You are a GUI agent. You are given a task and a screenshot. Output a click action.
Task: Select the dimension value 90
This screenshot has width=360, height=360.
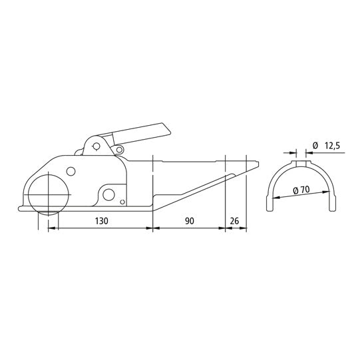(x=190, y=220)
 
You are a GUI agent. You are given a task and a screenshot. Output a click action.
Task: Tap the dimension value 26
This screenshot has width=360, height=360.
(x=234, y=220)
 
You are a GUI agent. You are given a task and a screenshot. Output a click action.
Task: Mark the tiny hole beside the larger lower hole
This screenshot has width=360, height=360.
(x=122, y=202)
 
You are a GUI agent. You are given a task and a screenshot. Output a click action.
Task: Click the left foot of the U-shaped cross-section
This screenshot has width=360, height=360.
(x=270, y=208)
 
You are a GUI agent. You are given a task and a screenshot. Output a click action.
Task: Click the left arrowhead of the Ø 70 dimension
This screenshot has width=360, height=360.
(x=273, y=199)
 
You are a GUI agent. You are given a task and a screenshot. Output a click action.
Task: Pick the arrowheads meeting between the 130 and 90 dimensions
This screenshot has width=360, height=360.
(x=153, y=229)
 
